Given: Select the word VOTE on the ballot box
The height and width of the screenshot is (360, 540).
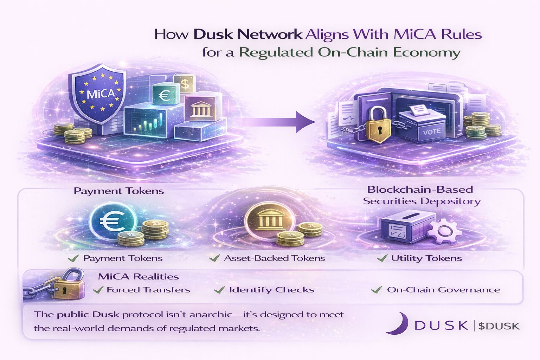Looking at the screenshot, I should pos(432,132).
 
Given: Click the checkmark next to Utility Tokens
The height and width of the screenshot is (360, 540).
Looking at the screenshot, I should pos(382,259).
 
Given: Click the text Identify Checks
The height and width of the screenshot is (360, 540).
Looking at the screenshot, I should pos(271,290).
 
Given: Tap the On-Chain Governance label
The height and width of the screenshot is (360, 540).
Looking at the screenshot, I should pos(443,290).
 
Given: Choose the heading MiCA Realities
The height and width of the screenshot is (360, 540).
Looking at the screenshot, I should pos(138,277).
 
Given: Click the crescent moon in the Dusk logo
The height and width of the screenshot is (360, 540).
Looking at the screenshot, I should pos(397,323).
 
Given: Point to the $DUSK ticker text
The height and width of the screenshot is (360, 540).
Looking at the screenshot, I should pos(499,326).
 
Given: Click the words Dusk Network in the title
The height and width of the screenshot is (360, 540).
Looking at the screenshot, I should pos(247,34).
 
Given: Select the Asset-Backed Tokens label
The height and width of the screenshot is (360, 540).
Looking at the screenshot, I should pos(274,258).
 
